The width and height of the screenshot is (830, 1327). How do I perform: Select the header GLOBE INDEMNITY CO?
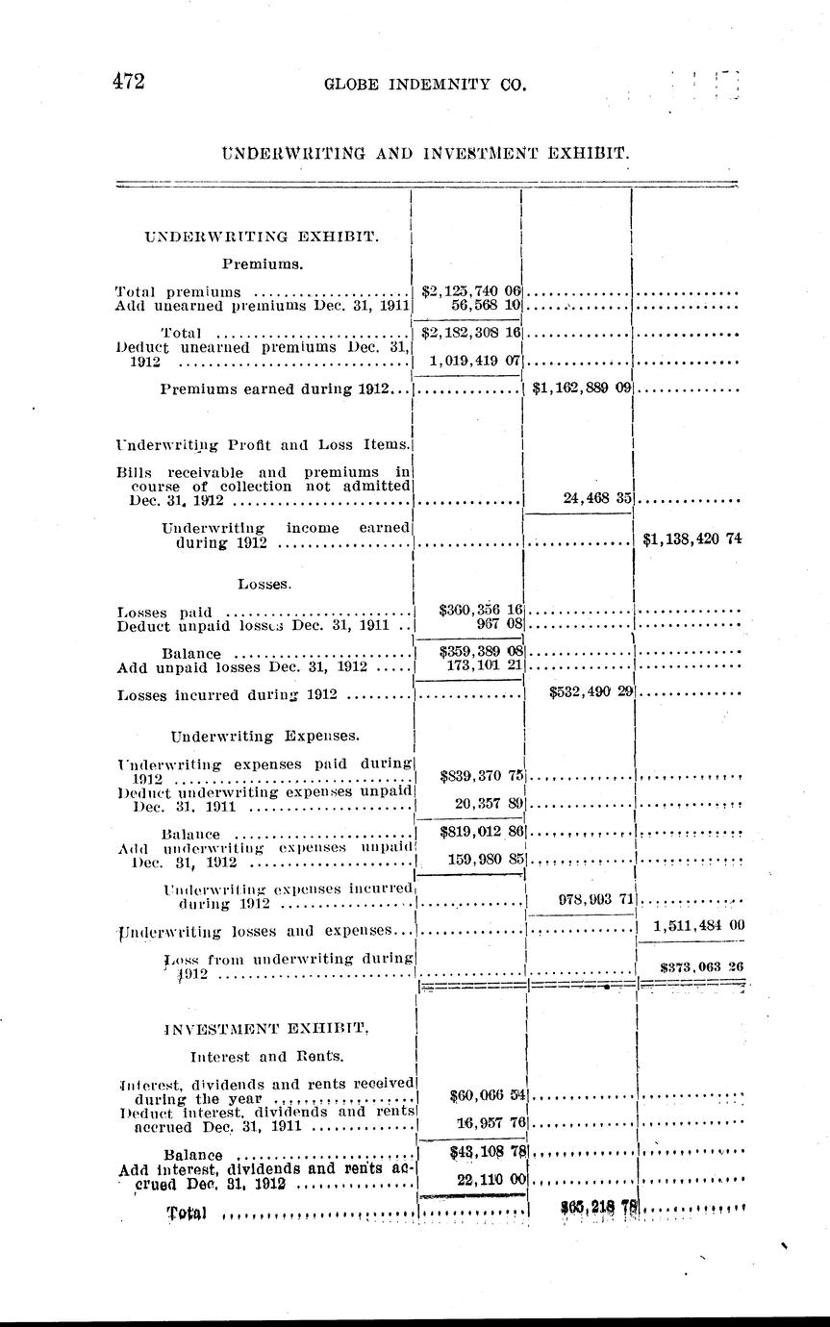coord(426,86)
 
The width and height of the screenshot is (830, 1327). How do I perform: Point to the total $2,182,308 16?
coord(470,333)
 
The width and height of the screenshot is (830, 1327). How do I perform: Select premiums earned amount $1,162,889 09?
coord(579,389)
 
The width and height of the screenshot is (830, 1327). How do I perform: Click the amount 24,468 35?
coord(594,498)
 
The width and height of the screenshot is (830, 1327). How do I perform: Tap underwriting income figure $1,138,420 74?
coord(692,540)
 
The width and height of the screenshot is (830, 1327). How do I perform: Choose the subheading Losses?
coord(264,583)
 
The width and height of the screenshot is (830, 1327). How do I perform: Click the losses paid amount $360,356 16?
coord(479,610)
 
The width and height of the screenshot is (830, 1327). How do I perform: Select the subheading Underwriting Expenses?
coord(264,736)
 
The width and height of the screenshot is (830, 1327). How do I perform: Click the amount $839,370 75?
coord(479,776)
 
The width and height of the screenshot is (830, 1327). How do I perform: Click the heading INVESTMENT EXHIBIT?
coord(268,1029)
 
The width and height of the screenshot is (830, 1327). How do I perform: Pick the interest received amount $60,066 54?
coord(485,1094)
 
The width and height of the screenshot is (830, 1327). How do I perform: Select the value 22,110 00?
coord(489,1180)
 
